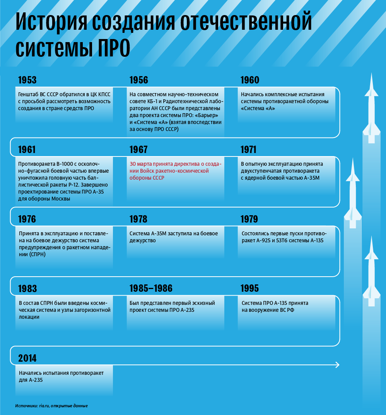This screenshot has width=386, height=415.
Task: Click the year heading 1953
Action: (27, 80)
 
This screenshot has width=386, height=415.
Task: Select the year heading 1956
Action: (138, 80)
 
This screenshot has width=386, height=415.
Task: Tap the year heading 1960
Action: (250, 80)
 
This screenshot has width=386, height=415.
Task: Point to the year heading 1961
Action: (27, 150)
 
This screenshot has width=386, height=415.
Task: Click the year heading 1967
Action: (138, 150)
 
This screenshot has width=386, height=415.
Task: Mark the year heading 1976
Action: (27, 219)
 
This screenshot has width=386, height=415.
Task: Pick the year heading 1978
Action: (138, 219)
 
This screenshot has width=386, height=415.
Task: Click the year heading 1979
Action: (249, 219)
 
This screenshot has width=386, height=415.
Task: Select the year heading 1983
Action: (27, 289)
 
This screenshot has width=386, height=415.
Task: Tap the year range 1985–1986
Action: (151, 289)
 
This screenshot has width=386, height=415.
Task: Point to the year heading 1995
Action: (250, 289)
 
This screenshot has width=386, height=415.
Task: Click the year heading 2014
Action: (27, 358)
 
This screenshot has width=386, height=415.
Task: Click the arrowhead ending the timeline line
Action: (337, 365)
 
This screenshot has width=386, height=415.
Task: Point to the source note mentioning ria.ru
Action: (51, 406)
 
